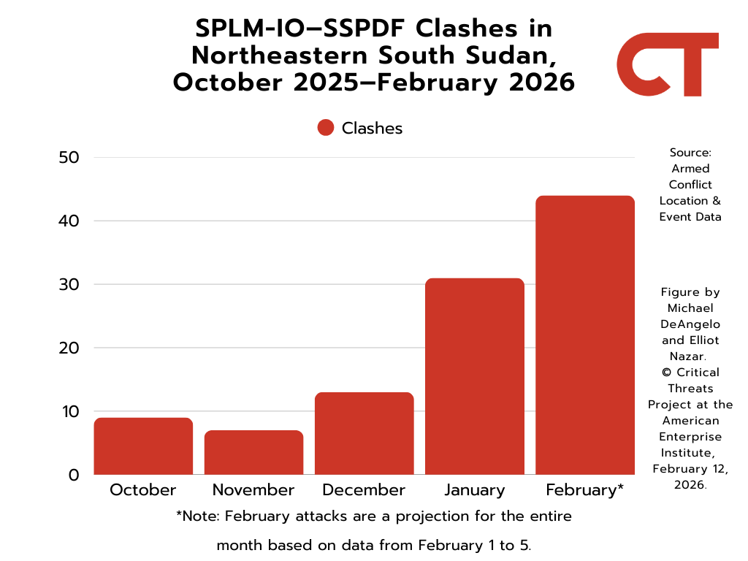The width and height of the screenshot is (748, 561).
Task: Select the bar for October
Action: click(x=143, y=446)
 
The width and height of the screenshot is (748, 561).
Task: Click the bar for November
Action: click(x=253, y=453)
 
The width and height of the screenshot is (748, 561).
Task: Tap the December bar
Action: click(x=364, y=434)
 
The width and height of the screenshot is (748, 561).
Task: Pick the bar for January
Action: click(x=474, y=377)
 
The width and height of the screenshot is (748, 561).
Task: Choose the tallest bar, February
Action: click(x=584, y=335)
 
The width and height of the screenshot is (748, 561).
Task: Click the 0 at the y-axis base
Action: click(x=74, y=475)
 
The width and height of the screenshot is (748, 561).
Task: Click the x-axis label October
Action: click(x=143, y=490)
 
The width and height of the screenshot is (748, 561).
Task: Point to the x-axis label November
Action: click(x=253, y=490)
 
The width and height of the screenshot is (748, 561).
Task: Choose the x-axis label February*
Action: click(x=584, y=490)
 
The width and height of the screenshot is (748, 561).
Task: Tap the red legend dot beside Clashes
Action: click(x=326, y=128)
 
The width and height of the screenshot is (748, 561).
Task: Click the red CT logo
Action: click(x=667, y=64)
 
